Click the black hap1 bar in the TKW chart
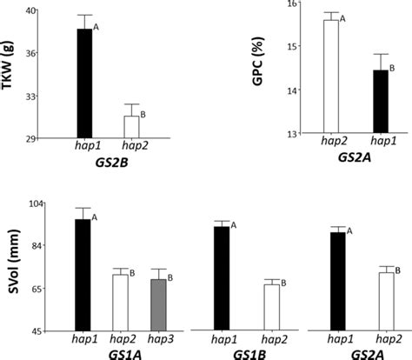click(83, 83)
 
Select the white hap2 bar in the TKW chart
click(131, 127)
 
